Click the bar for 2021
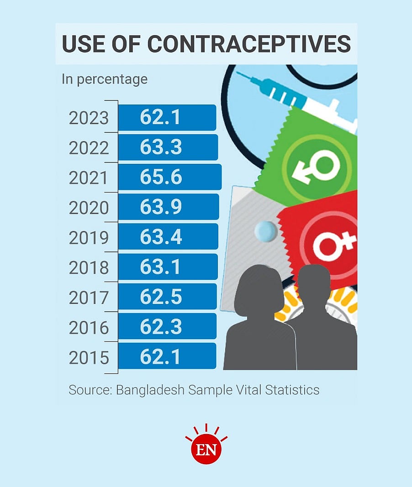[x=170, y=177]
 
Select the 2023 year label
[x=89, y=118]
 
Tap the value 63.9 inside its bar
[x=161, y=207]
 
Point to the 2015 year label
[x=89, y=358]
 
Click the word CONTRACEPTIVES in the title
[x=249, y=44]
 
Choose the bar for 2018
[x=168, y=267]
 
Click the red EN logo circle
[x=206, y=449]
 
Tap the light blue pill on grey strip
[x=266, y=232]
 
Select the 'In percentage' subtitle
[x=105, y=79]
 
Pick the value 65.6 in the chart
[x=161, y=178]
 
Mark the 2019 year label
[x=89, y=238]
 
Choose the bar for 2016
[x=167, y=327]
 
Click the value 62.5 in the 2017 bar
[x=161, y=297]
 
